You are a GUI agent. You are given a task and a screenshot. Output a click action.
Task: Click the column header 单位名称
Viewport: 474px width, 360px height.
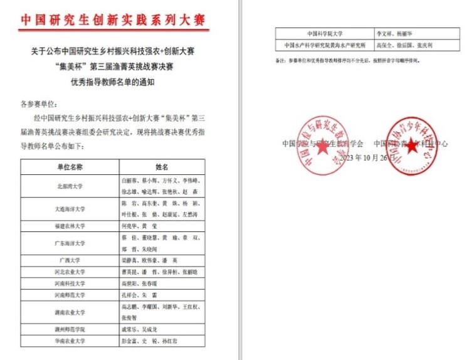point(70,167)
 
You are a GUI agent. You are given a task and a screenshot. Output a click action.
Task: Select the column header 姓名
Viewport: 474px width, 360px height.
point(162,167)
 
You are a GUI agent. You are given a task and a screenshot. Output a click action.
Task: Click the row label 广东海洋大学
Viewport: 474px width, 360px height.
point(70,242)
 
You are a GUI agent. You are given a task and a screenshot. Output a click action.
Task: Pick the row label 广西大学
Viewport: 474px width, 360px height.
point(70,259)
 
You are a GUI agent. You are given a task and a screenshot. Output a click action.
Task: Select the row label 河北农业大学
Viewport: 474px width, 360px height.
point(70,272)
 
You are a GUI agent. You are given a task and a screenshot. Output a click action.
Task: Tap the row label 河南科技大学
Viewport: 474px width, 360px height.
point(70,283)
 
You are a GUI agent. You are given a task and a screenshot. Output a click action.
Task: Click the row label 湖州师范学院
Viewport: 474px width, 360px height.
point(70,329)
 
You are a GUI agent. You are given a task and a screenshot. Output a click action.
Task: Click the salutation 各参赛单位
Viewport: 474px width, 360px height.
point(39,103)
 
